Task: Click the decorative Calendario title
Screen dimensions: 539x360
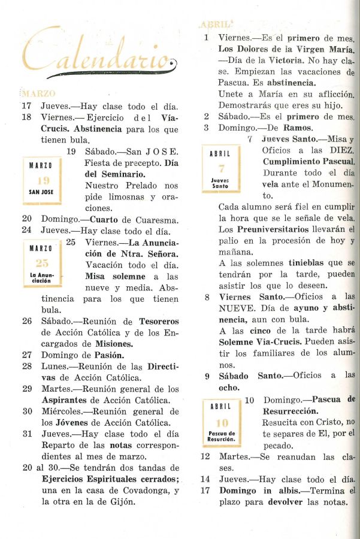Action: click(x=99, y=57)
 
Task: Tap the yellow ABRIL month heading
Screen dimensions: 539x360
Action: click(x=215, y=25)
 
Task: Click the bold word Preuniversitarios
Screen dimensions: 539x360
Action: click(x=276, y=229)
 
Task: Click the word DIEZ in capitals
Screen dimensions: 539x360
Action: click(x=341, y=150)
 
